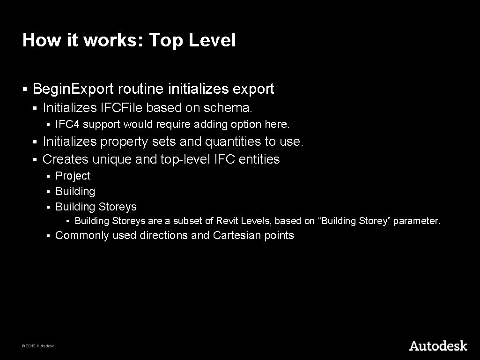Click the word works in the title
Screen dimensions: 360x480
tap(113, 40)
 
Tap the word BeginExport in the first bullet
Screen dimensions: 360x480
tap(74, 89)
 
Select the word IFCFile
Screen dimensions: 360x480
tap(121, 108)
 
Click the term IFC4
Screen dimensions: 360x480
tap(64, 125)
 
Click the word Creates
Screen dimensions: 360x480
tap(66, 159)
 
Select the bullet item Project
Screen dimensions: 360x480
tap(73, 176)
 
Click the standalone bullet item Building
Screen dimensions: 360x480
tap(75, 191)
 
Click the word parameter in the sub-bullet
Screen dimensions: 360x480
tap(416, 221)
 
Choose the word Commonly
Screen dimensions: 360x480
tap(82, 235)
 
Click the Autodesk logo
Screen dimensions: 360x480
tap(438, 346)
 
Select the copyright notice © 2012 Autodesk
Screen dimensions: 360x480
tap(38, 346)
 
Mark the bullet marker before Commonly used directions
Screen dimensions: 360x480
tap(48, 236)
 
